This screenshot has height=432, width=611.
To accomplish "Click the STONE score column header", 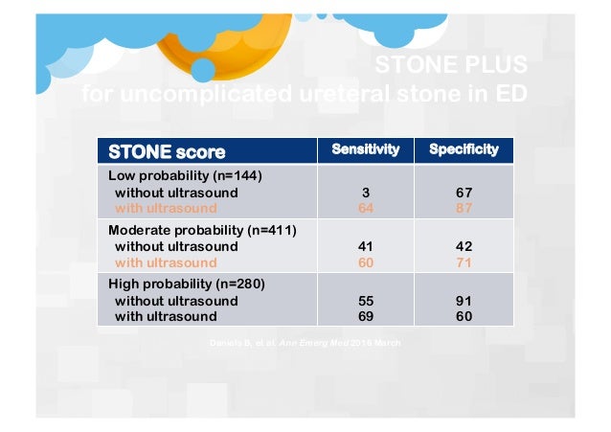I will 168,151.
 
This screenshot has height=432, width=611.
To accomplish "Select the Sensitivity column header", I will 365,150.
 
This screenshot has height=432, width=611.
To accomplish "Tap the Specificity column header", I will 464,150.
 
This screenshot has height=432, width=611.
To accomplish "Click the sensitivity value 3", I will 365,193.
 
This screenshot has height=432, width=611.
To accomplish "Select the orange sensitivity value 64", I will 365,207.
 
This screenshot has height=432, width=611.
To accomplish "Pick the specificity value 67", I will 464,193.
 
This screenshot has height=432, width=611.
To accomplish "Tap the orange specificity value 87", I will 464,207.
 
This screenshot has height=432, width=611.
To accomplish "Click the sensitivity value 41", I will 365,246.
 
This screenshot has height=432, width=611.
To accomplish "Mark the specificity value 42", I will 464,246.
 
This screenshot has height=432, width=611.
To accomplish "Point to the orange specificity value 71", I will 464,261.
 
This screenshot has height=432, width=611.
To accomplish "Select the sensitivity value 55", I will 365,301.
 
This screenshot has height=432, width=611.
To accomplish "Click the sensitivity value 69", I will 365,315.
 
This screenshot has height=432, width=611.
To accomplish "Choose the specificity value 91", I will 464,301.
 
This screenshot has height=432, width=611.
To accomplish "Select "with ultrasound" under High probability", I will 166,315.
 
